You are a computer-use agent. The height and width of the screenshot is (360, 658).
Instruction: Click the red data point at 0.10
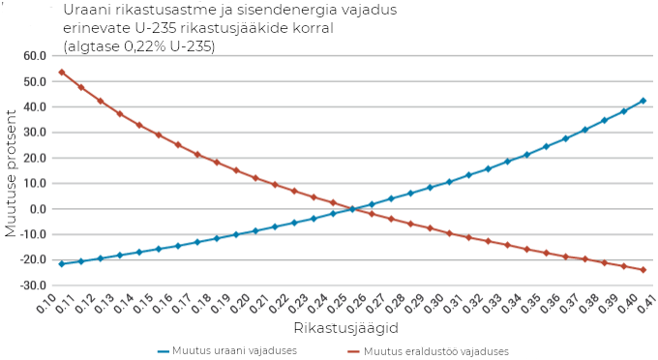coord(61,72)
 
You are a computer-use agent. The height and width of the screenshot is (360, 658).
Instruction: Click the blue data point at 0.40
coord(643,101)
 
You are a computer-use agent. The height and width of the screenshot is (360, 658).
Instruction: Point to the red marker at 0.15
coord(158,135)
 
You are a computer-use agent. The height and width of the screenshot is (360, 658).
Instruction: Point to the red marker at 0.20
coord(255,178)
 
